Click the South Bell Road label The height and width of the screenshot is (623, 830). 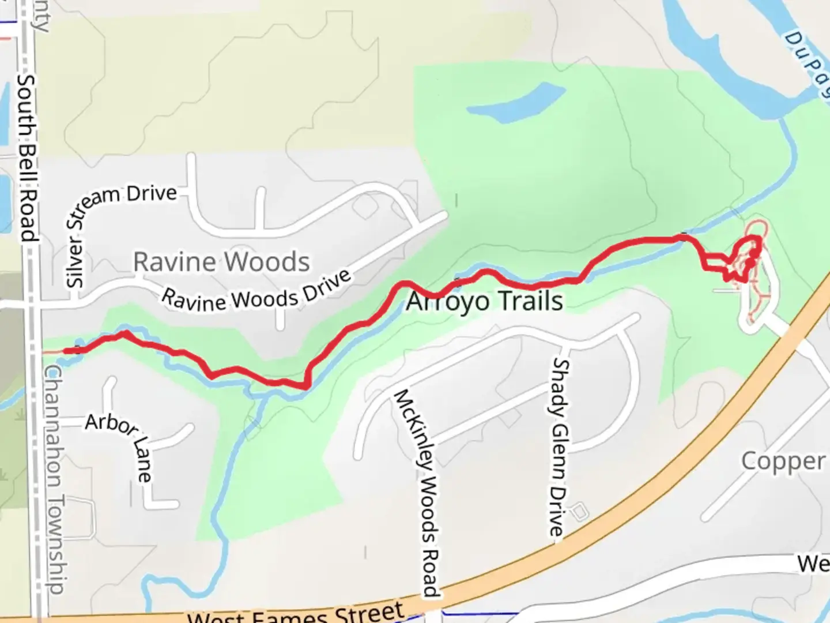click(x=27, y=157)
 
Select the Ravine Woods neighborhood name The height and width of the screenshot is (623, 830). click(x=221, y=262)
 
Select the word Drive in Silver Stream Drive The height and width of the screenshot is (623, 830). click(x=152, y=193)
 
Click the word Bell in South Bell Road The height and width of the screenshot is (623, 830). click(x=27, y=166)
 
